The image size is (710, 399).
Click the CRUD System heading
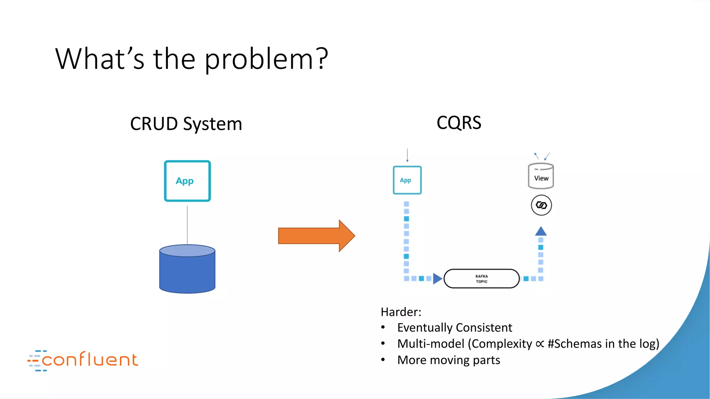pos(186,124)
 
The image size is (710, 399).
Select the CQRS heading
pos(459,123)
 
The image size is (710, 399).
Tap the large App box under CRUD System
pos(187,181)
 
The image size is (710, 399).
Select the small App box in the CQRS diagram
pos(407,180)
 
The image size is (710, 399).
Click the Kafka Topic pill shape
pos(482,279)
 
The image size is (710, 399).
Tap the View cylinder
pos(541,176)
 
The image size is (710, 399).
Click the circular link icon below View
pos(541,205)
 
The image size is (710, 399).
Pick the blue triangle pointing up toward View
pos(541,231)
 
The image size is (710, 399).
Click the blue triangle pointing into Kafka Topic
pos(437,278)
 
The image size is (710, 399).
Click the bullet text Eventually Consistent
pos(454,328)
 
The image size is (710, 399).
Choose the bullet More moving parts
pos(448,360)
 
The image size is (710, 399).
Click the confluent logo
pos(83,360)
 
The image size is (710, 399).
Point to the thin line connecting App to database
pos(187,225)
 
